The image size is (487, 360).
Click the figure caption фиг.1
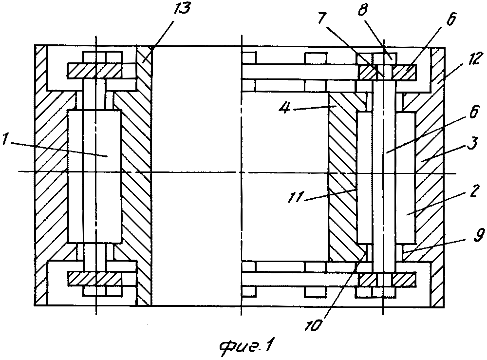point(245,347)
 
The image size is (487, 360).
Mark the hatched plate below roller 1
point(94,279)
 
